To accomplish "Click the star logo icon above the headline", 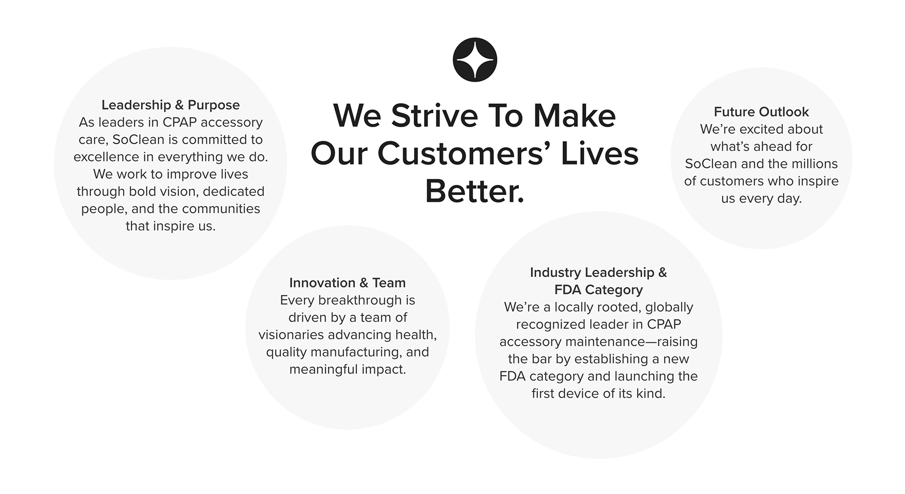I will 475,60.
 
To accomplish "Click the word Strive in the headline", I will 434,116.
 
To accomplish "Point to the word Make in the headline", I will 574,116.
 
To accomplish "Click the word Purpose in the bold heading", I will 214,105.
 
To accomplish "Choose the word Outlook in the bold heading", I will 784,112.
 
